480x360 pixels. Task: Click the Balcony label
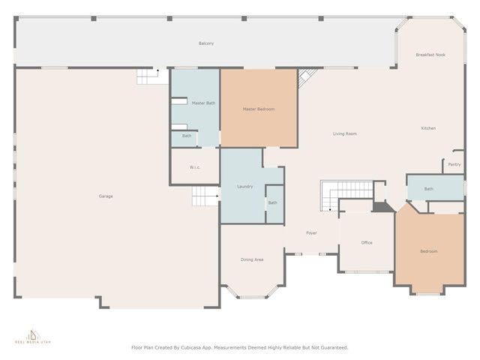206,43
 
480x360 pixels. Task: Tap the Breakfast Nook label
430,55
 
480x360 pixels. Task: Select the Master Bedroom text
258,109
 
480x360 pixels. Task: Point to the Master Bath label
202,103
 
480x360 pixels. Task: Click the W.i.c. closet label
194,167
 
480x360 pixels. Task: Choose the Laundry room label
244,186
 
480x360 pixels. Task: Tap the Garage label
106,196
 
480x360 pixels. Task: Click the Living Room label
345,133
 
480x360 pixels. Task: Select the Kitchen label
427,128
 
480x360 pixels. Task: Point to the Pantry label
454,164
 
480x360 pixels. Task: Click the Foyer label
311,233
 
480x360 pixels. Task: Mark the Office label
367,243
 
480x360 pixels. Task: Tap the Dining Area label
252,259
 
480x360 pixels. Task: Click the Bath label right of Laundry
273,202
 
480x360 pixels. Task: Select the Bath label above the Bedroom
428,189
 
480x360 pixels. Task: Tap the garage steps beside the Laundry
205,196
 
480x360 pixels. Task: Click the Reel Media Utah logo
32,334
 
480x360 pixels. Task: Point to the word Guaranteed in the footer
331,348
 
